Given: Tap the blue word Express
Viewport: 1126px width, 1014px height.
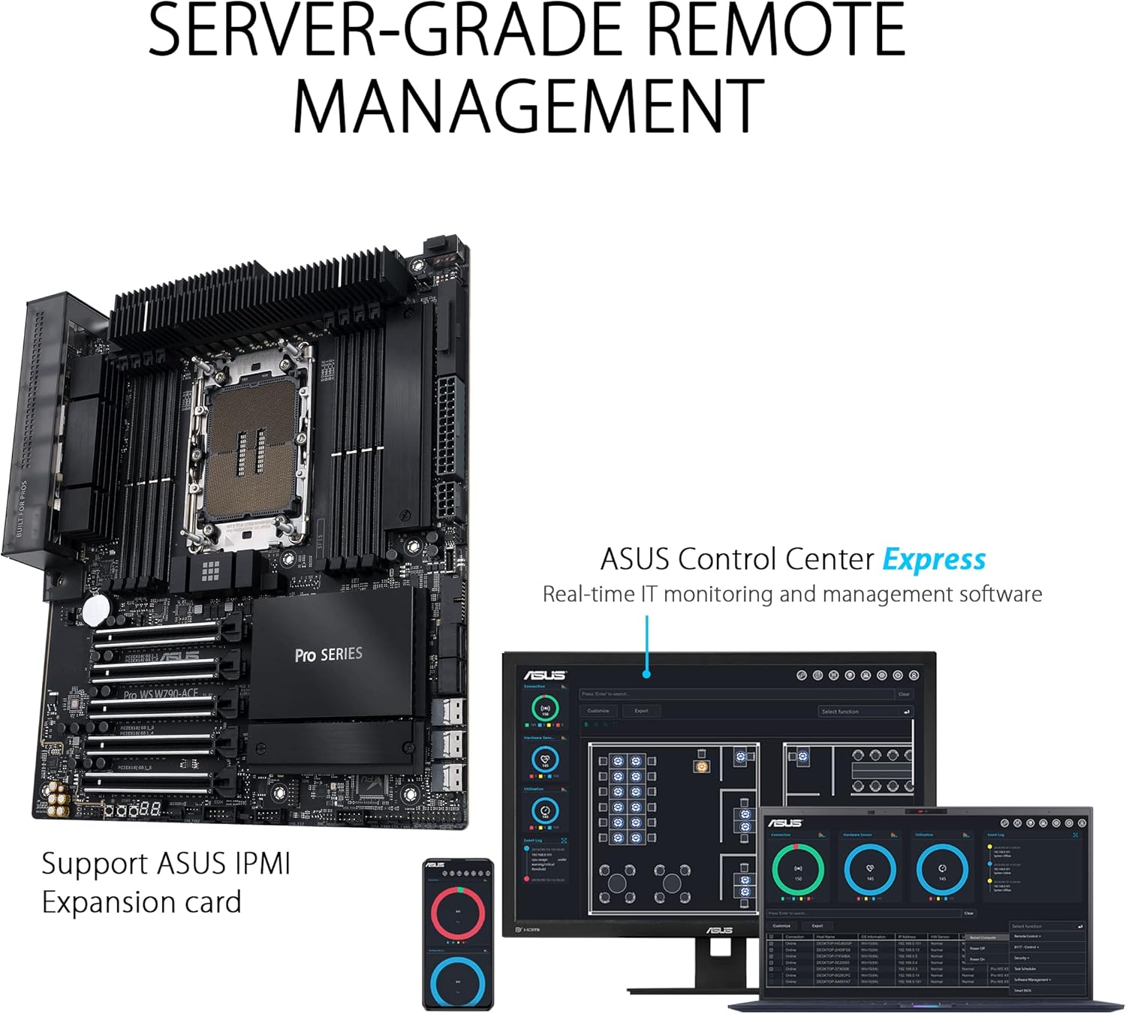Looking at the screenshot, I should click(934, 560).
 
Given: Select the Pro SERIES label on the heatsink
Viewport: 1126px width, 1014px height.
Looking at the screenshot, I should click(328, 654).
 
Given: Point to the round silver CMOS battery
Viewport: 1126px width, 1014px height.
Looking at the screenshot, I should click(96, 609).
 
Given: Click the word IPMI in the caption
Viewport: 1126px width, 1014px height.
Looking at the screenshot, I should click(261, 863).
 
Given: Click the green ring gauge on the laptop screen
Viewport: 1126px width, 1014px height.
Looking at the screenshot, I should click(798, 869).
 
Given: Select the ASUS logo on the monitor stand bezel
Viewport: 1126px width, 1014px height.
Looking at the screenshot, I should click(719, 931).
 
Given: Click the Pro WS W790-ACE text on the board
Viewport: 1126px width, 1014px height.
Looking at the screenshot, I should click(161, 694).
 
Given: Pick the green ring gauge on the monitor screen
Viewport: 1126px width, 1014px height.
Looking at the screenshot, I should click(545, 708).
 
